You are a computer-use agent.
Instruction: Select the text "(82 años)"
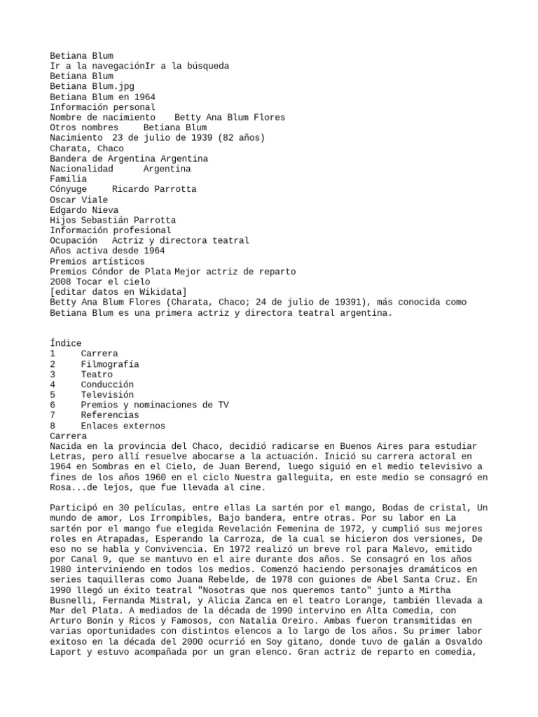[242, 138]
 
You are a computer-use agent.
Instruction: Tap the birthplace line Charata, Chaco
[87, 148]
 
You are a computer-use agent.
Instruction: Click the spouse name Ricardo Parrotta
[154, 189]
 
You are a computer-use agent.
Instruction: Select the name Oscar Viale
[79, 200]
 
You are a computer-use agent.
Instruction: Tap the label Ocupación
[74, 240]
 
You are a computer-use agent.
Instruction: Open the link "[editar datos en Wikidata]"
[118, 292]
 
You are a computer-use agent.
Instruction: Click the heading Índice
[66, 343]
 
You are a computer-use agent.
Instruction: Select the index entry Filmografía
[110, 364]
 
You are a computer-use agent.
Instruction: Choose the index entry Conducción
[107, 384]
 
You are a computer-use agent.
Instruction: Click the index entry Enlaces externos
[123, 426]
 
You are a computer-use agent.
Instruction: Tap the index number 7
[53, 415]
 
